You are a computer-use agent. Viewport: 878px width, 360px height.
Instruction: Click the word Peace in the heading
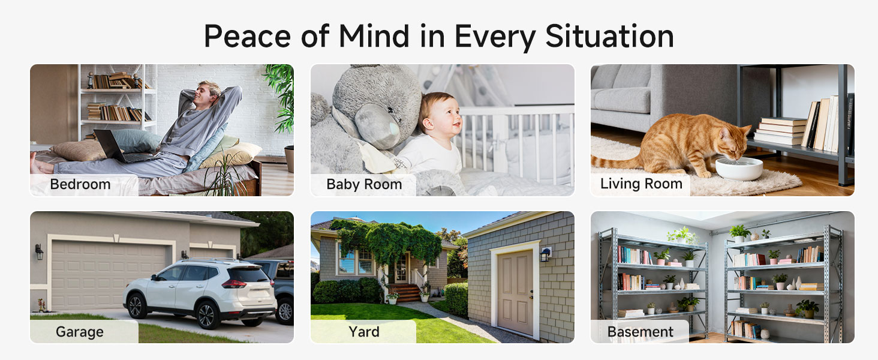(x=248, y=36)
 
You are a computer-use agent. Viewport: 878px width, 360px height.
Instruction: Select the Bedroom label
(x=80, y=184)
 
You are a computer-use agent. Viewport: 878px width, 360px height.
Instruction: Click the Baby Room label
(x=364, y=184)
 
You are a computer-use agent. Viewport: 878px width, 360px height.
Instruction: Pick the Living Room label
(x=641, y=184)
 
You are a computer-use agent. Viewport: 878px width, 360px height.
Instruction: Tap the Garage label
(x=80, y=332)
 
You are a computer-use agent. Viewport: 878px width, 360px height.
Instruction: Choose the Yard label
(x=364, y=331)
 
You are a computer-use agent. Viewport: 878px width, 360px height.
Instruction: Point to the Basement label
(x=640, y=332)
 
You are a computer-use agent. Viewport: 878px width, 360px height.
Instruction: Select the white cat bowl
(x=738, y=168)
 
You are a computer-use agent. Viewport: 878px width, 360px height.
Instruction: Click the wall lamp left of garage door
(x=39, y=251)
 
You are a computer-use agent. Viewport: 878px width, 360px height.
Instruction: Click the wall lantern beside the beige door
(x=545, y=254)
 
